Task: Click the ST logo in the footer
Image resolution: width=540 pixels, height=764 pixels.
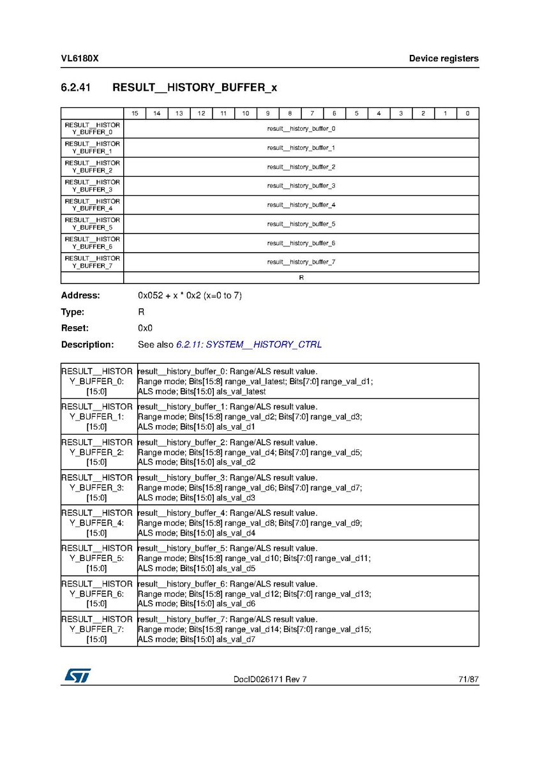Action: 77,676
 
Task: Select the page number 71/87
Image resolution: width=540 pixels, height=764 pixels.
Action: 469,680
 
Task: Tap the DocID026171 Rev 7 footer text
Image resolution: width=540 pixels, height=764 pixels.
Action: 270,680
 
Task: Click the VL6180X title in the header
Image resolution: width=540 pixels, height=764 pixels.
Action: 80,59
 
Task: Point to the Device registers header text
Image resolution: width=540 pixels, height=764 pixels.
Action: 444,59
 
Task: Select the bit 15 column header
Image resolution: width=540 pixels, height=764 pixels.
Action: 135,114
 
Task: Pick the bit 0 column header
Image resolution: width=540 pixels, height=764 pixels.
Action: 467,114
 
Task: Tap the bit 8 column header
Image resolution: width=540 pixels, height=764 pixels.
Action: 290,114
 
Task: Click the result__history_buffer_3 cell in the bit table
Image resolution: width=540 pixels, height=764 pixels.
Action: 301,186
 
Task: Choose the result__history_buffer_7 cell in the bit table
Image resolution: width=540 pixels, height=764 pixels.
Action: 301,262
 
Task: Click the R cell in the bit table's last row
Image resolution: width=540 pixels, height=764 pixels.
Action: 301,278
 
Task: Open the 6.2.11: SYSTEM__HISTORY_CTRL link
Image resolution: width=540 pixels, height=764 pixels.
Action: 249,345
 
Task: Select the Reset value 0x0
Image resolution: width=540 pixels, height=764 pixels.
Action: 145,328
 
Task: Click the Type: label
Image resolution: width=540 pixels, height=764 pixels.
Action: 73,312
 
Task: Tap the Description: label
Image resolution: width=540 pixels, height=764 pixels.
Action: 87,345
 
